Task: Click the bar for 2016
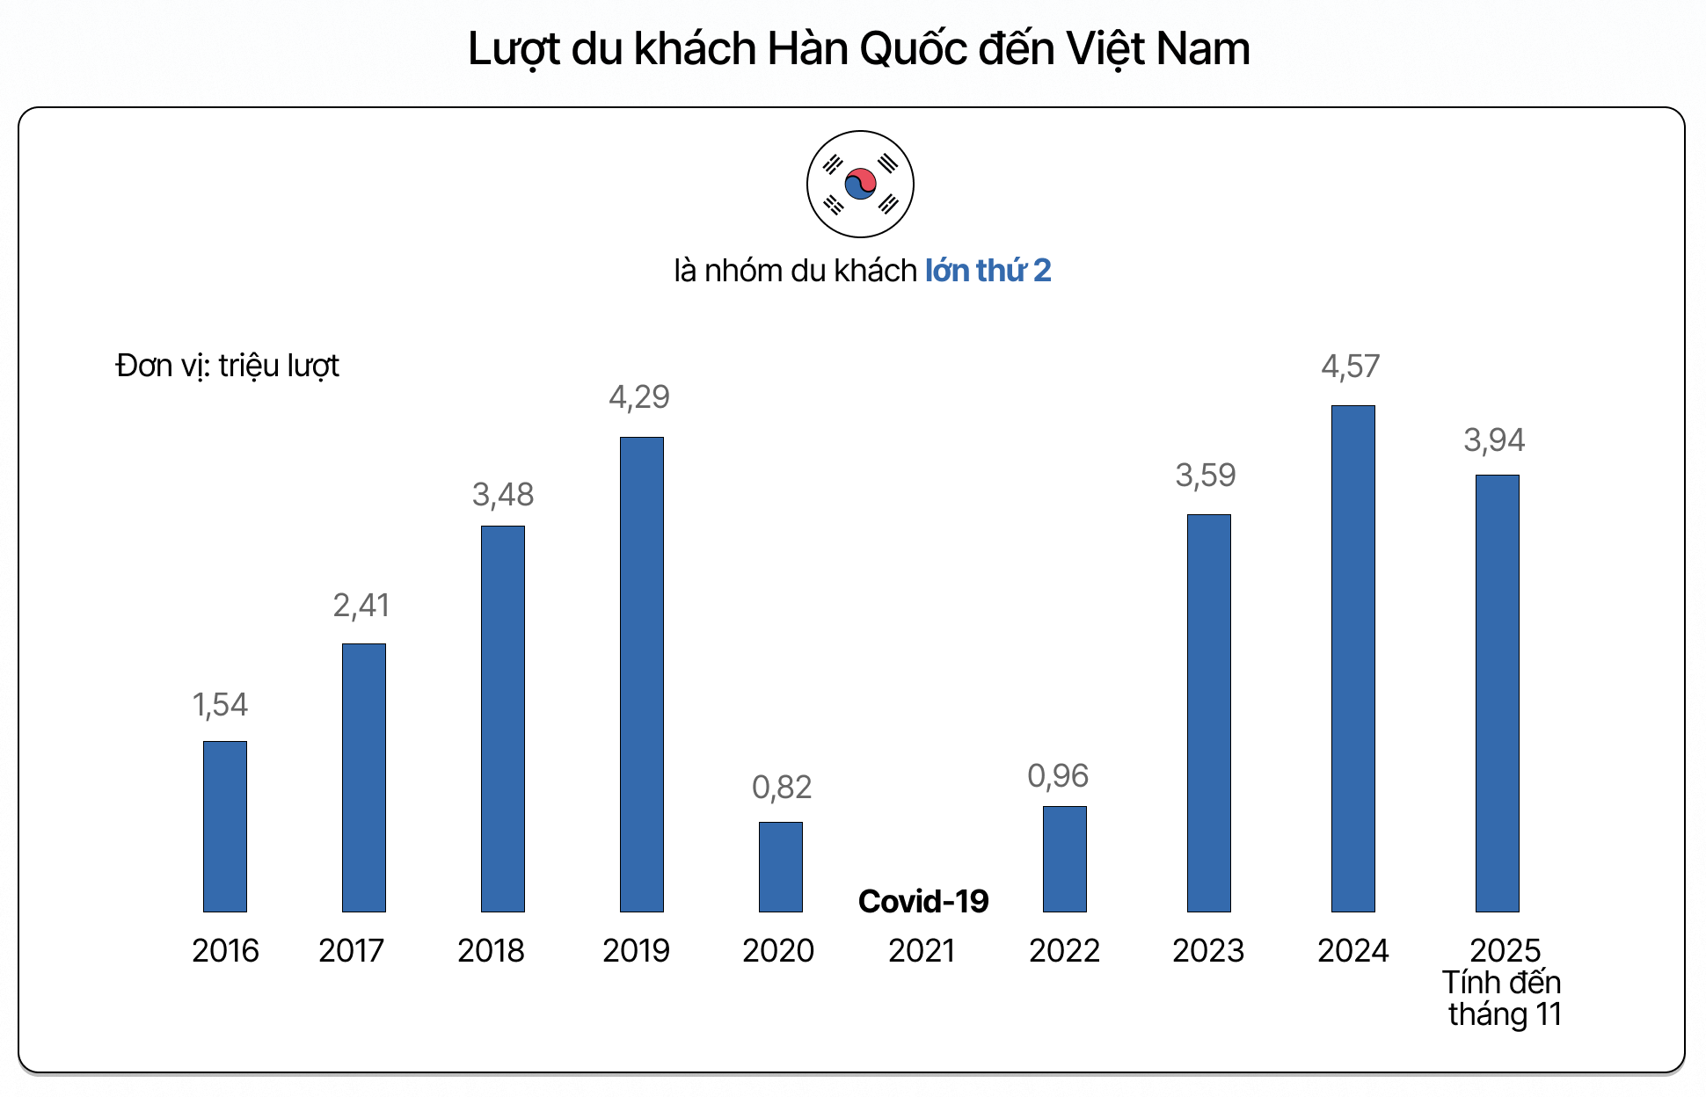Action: (x=225, y=826)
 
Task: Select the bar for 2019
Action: (x=642, y=674)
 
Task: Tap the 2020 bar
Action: (x=781, y=867)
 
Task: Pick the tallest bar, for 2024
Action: (x=1353, y=658)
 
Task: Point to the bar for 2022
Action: (x=1065, y=859)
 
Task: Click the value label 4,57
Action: (x=1351, y=367)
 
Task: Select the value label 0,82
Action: (x=782, y=788)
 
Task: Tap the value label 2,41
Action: (x=361, y=606)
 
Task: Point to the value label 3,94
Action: (x=1494, y=440)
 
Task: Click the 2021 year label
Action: (x=922, y=951)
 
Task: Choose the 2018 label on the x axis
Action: (x=491, y=951)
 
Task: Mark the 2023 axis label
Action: (x=1208, y=951)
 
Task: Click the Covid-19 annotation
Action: (x=923, y=902)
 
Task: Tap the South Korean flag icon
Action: (x=860, y=185)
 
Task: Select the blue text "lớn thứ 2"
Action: (x=988, y=271)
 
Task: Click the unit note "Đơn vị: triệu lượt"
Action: (x=227, y=366)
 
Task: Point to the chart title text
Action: (x=858, y=49)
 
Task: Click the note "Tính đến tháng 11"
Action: (x=1504, y=999)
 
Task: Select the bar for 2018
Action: (x=503, y=719)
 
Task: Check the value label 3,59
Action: (x=1206, y=476)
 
